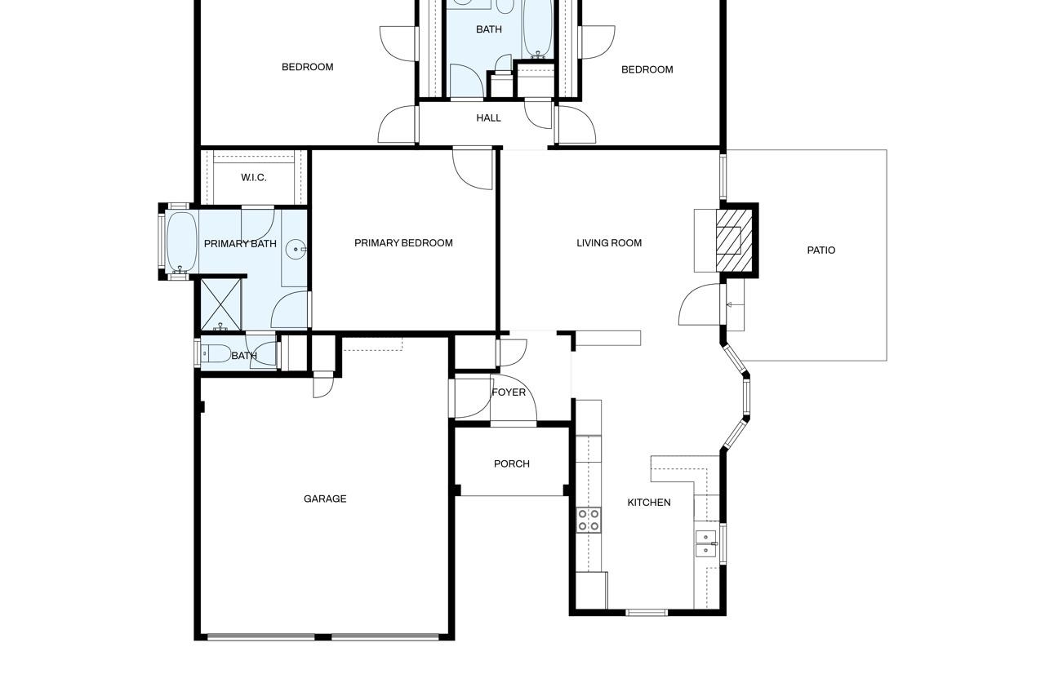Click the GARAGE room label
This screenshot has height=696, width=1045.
[325, 499]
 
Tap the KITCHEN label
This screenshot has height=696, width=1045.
[649, 503]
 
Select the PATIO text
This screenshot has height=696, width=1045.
[821, 250]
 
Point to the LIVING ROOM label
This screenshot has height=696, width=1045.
[609, 243]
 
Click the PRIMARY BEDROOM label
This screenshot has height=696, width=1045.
[403, 243]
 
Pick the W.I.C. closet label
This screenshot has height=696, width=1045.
[254, 178]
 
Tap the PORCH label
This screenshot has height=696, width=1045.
[512, 463]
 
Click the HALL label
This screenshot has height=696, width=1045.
[488, 118]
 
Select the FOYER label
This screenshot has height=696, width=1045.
[509, 392]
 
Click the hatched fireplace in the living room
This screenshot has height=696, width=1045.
[734, 241]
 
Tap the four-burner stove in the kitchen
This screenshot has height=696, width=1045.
[589, 521]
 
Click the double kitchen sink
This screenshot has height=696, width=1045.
[706, 543]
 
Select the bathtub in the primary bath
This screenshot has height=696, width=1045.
[181, 242]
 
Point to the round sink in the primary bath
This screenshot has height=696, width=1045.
[296, 250]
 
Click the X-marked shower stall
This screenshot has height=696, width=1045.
[221, 304]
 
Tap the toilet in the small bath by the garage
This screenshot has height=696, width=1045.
[216, 353]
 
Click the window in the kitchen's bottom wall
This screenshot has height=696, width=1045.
[647, 613]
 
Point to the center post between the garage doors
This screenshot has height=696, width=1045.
[322, 637]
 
